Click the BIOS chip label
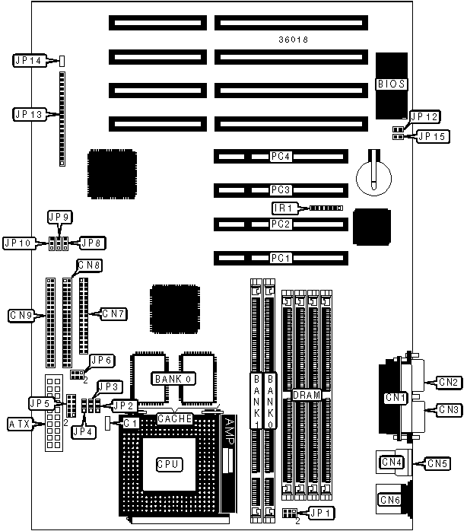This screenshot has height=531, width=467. point(391,84)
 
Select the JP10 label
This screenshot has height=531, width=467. point(19,243)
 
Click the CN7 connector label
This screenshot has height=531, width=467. point(112,313)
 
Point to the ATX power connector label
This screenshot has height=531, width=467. point(21,423)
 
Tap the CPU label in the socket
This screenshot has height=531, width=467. point(167,463)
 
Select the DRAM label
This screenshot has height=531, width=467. point(306,396)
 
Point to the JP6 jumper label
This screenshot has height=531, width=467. point(101,360)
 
